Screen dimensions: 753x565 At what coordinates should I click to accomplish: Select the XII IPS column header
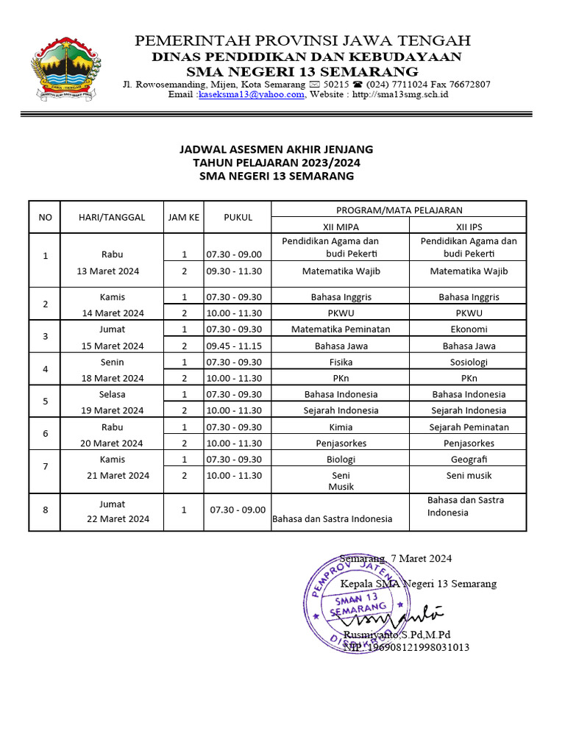point(469,227)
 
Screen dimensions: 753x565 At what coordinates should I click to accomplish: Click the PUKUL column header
point(238,217)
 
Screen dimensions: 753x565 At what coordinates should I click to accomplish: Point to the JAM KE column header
point(183,217)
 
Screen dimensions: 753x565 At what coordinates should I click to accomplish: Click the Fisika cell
point(341,362)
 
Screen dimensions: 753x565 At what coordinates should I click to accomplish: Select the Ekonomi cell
point(469,329)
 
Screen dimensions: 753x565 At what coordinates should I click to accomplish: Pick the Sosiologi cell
point(469,362)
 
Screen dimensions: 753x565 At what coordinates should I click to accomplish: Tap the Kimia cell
point(341,427)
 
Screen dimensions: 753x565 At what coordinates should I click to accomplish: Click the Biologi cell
point(341,459)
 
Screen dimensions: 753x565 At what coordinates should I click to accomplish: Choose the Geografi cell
point(469,459)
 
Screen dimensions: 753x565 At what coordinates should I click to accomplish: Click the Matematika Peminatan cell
point(341,329)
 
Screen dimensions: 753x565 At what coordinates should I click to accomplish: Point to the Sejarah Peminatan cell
point(469,427)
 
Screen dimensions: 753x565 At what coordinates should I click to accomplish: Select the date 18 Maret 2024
point(113,378)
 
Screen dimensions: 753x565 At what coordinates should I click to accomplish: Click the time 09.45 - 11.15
point(234,346)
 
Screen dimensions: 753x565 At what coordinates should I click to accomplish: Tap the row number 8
point(46,511)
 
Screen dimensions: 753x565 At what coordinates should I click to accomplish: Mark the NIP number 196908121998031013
point(405,647)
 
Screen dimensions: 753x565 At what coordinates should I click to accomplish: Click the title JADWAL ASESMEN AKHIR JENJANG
point(277,149)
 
